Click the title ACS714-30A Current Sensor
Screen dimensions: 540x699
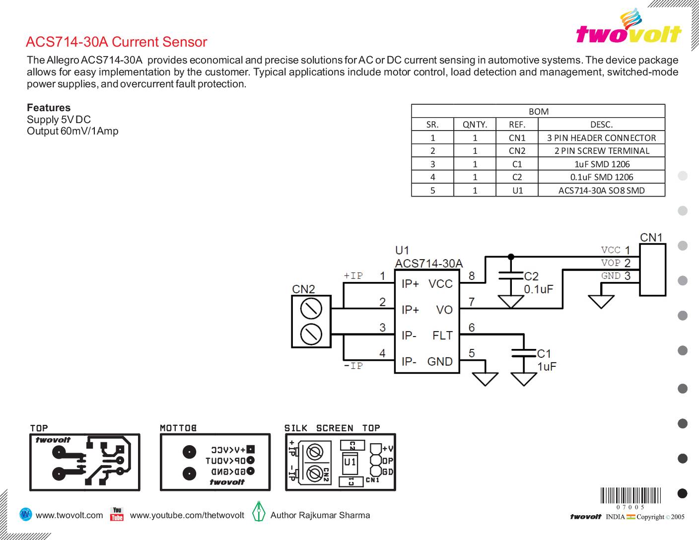(x=116, y=42)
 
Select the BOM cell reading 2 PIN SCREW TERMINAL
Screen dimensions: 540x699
(x=601, y=151)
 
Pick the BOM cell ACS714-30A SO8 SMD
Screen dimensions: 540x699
(x=601, y=190)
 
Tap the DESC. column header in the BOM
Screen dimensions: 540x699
(x=601, y=125)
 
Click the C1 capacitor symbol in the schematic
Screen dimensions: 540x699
(x=524, y=353)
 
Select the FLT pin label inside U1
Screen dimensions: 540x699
(x=442, y=336)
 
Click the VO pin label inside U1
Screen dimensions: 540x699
(x=444, y=310)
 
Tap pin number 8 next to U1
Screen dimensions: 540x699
(x=472, y=276)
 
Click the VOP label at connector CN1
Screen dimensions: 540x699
(x=611, y=263)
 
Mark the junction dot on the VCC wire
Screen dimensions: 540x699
(x=511, y=257)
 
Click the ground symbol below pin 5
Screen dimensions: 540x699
(x=485, y=379)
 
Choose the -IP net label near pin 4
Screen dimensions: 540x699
(x=353, y=366)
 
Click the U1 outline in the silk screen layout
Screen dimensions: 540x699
(x=350, y=463)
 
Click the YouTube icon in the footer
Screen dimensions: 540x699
(x=117, y=514)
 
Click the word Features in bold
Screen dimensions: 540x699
(x=49, y=108)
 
